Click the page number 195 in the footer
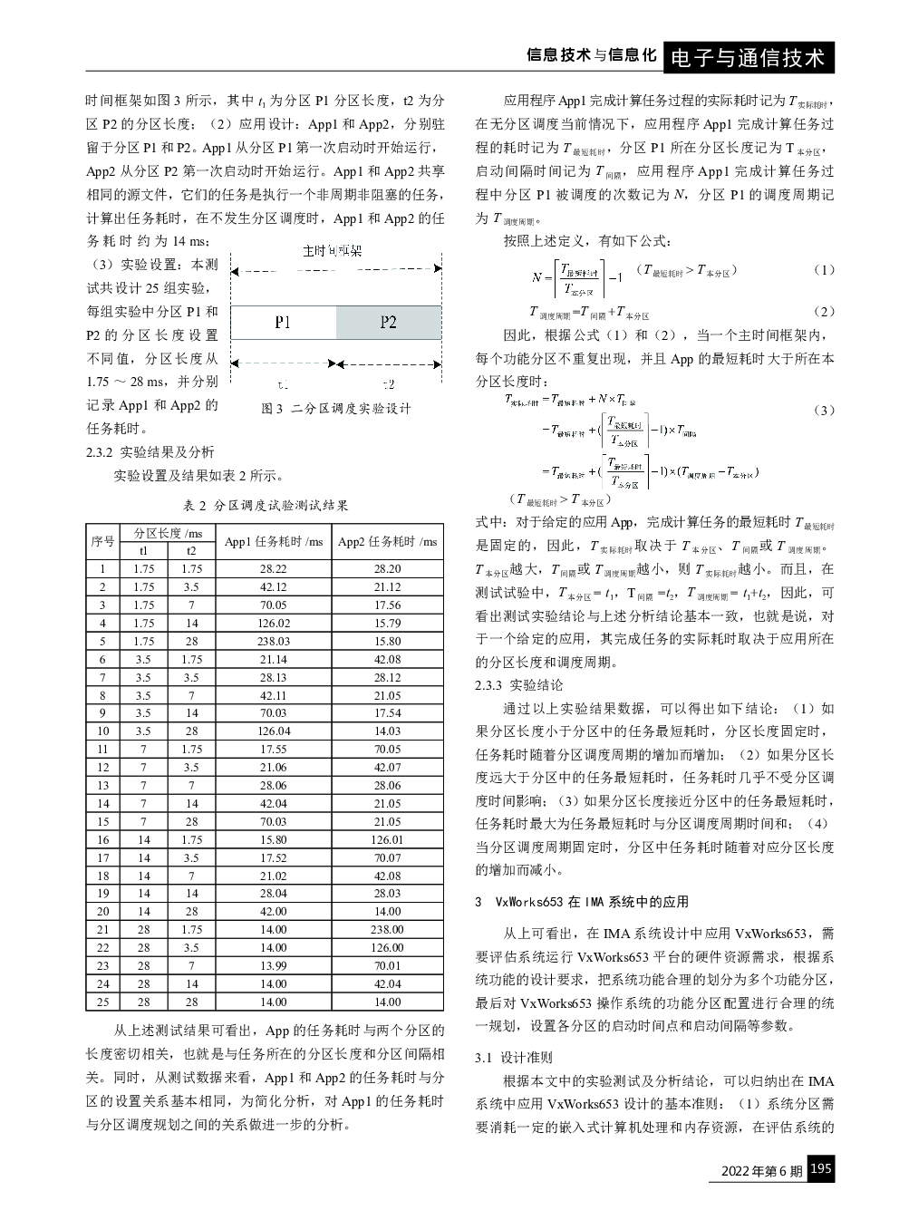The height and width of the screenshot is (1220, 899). point(820,1169)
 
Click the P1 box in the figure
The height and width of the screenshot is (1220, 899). point(283,322)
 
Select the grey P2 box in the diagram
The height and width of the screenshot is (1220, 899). point(389,322)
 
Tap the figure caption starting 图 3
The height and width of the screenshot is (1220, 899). point(336,409)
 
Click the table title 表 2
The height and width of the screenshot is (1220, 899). point(266,505)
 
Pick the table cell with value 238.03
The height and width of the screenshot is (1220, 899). point(274,641)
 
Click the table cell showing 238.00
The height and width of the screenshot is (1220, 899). point(387,929)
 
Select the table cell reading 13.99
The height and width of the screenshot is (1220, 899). point(274,965)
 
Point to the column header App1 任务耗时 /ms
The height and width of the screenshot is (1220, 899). point(274,542)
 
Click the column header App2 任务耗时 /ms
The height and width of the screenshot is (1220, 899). point(387,542)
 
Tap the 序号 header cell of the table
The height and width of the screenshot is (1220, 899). point(103,542)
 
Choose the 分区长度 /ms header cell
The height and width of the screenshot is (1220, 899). point(168,533)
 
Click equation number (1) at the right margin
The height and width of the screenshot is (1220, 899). point(824,270)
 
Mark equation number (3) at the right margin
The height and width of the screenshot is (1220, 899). point(824,410)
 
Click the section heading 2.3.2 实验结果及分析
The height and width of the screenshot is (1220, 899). point(150,452)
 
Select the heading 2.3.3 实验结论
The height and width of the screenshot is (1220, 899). point(518,685)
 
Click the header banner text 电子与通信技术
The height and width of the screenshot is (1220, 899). point(748,58)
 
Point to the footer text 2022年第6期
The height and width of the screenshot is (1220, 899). point(761,1171)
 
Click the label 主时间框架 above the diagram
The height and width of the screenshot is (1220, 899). point(332,250)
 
